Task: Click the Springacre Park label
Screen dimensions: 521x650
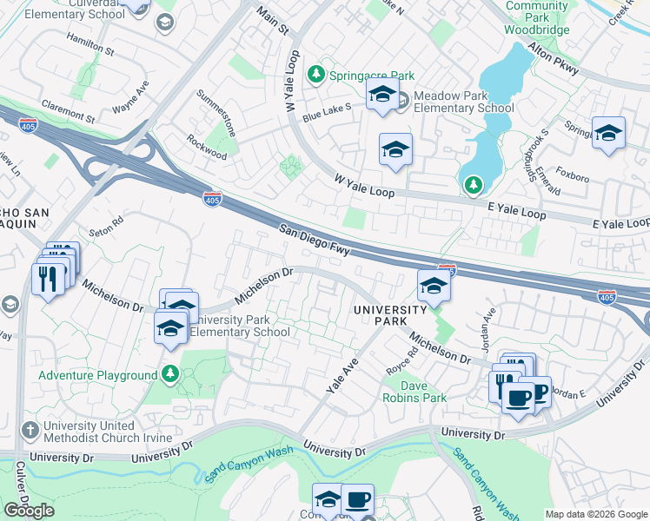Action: click(x=372, y=76)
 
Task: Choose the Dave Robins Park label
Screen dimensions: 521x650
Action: click(x=415, y=392)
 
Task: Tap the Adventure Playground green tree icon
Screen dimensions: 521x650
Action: click(x=171, y=375)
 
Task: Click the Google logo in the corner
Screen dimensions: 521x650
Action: click(x=29, y=511)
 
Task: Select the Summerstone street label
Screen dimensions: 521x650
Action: click(x=216, y=109)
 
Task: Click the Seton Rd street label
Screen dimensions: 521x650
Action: click(x=106, y=230)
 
